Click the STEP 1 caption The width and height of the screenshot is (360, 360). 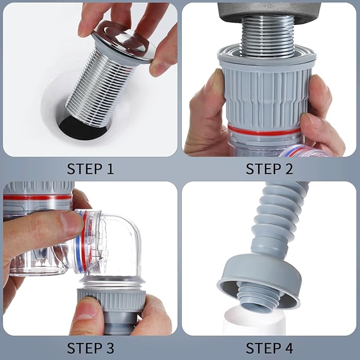click(x=90, y=169)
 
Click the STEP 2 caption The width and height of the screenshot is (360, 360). click(x=269, y=169)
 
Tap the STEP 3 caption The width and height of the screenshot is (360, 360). click(x=90, y=348)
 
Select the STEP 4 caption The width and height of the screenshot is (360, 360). click(x=269, y=348)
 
